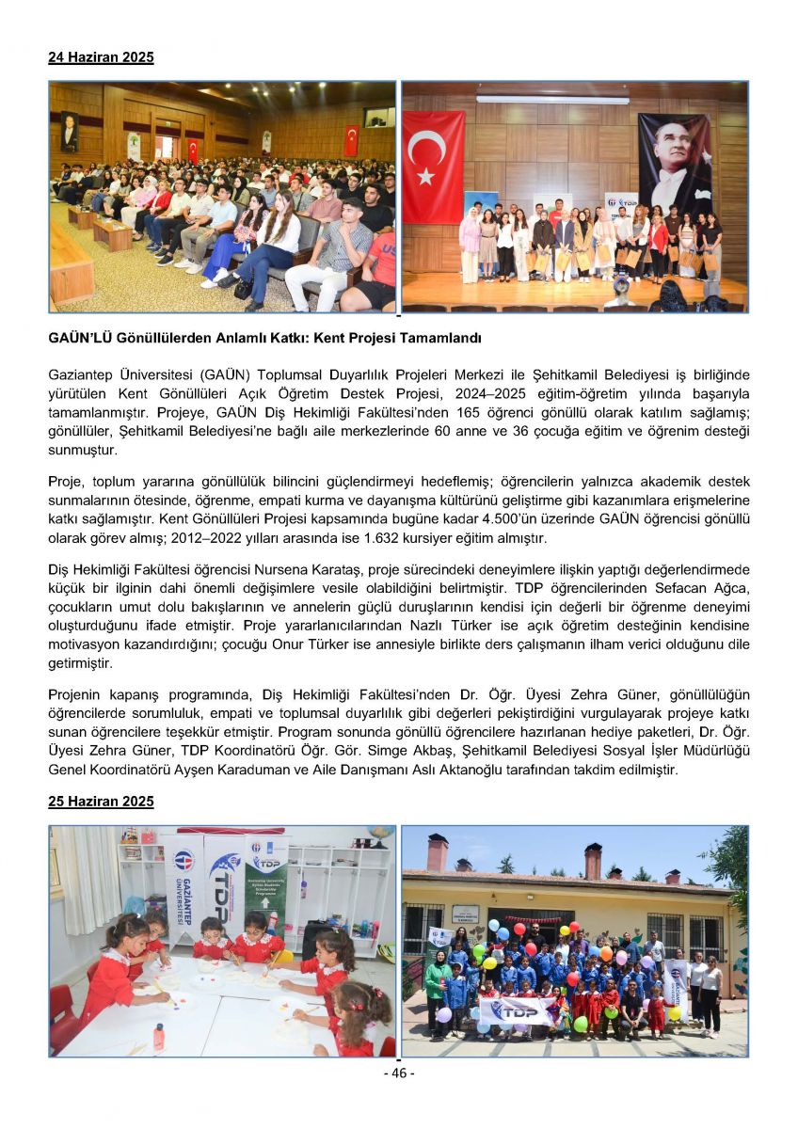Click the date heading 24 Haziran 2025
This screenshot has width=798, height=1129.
tap(101, 57)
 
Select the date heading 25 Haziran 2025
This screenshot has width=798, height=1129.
tap(101, 802)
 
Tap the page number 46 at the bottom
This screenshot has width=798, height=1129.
tap(398, 1073)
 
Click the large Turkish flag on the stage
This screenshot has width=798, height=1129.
tap(433, 166)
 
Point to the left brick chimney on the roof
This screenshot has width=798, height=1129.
tap(437, 851)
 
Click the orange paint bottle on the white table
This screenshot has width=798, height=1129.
tap(159, 1035)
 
